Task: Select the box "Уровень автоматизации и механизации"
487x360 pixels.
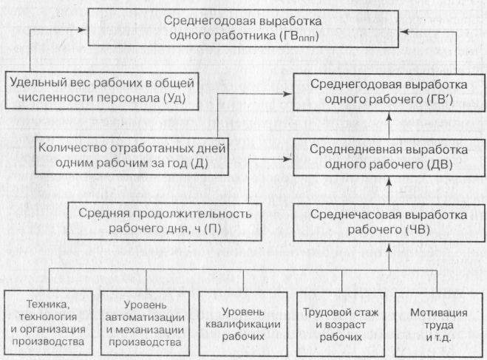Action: coord(146,323)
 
